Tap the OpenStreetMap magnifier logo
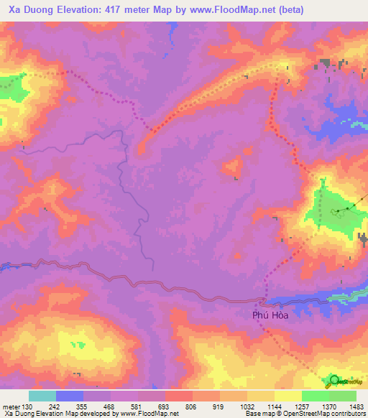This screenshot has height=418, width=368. coord(335,381)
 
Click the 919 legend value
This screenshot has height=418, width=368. coord(220,406)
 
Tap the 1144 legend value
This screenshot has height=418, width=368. coord(273,406)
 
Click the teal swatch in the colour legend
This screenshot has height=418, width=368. coord(42,396)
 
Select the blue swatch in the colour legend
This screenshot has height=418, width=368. coord(70,396)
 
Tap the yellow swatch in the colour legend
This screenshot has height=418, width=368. coord(287,396)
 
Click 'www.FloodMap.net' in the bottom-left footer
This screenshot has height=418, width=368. coord(150,414)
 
